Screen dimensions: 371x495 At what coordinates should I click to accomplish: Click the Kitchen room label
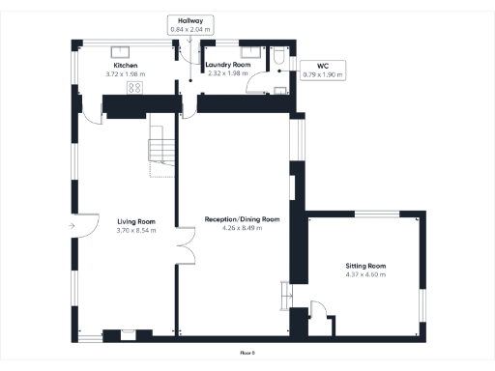click(x=126, y=66)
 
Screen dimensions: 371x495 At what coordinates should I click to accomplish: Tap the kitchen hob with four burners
click(x=134, y=88)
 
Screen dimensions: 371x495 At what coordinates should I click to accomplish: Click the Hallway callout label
click(x=189, y=20)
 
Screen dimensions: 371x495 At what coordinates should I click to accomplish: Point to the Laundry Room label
click(x=229, y=65)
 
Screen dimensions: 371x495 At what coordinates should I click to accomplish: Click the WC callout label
click(x=310, y=66)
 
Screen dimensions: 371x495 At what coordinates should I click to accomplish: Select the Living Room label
click(x=136, y=221)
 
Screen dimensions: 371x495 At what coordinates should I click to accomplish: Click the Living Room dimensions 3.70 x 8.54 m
click(x=136, y=230)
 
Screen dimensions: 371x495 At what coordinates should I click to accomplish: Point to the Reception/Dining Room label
click(x=243, y=219)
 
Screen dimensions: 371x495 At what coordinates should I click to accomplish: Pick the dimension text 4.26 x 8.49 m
click(x=243, y=229)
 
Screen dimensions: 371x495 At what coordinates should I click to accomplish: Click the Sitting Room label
click(x=365, y=265)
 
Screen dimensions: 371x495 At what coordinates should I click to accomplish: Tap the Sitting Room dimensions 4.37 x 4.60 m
click(x=365, y=274)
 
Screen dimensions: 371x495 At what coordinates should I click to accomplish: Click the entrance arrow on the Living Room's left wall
click(x=73, y=227)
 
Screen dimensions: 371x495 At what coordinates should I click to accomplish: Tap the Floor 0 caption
click(x=247, y=353)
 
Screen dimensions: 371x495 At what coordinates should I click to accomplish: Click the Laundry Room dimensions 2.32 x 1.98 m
click(x=229, y=73)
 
